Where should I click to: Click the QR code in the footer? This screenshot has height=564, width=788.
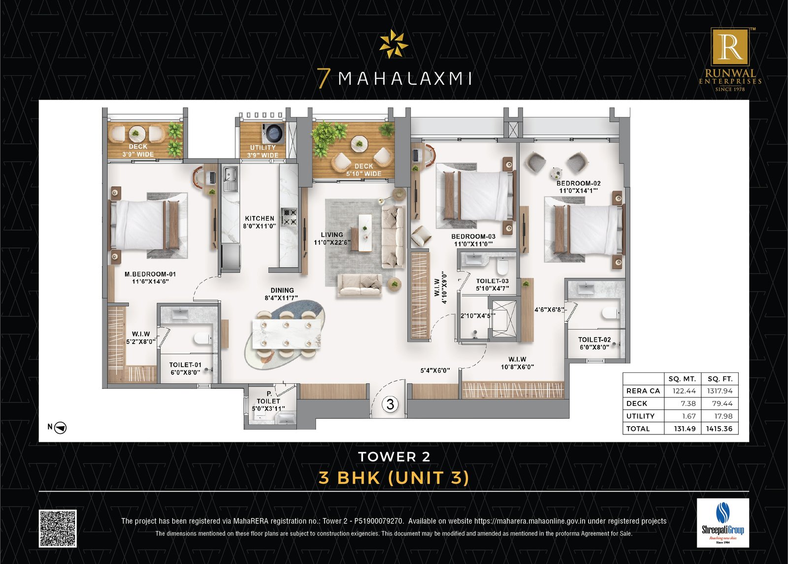(58, 529)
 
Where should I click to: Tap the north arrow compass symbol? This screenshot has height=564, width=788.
(61, 428)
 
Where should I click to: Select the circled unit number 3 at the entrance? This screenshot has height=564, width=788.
(390, 404)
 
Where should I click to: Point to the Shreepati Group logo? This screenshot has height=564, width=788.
(722, 523)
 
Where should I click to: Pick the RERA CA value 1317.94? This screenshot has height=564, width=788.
(720, 391)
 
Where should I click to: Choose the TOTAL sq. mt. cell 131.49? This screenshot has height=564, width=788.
(685, 429)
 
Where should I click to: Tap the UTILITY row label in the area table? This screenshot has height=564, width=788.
(640, 416)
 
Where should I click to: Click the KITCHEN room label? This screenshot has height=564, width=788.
(260, 218)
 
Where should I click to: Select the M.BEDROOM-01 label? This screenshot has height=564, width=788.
(150, 274)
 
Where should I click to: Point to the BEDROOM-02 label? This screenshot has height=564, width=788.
(578, 183)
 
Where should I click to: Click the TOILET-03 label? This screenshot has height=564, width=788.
(492, 281)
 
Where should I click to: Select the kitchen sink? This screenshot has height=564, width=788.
(230, 177)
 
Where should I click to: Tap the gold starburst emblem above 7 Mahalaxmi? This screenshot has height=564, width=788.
(394, 44)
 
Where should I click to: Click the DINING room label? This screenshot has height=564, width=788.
(282, 291)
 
